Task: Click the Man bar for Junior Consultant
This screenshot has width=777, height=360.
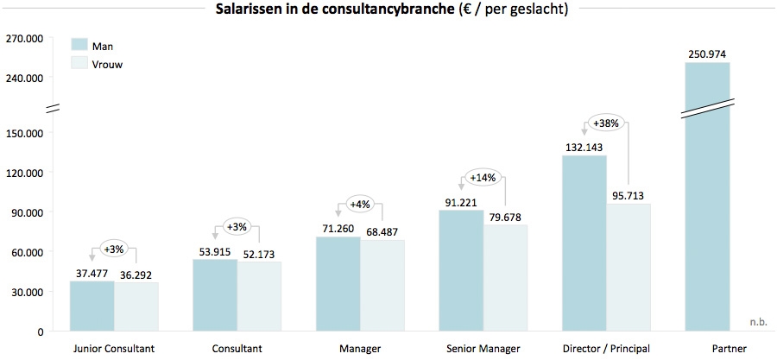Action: (92, 306)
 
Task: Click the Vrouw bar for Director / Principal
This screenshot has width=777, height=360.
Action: (629, 267)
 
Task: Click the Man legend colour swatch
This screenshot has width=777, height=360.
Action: (79, 45)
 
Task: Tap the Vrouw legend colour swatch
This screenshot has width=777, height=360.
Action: (79, 64)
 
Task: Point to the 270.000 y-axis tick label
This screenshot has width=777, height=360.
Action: (24, 39)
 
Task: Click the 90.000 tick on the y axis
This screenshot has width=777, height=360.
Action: (27, 212)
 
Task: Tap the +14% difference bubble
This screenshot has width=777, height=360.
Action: (482, 179)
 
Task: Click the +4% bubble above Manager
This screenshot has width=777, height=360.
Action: (359, 205)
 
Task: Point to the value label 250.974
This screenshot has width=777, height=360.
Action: (707, 54)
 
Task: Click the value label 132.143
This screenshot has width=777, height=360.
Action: (584, 148)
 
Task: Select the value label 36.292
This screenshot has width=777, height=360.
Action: (136, 275)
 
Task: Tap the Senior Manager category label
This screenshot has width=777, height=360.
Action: (483, 349)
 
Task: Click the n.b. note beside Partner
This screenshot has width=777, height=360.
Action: (757, 322)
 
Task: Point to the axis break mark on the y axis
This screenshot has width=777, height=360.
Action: (51, 107)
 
